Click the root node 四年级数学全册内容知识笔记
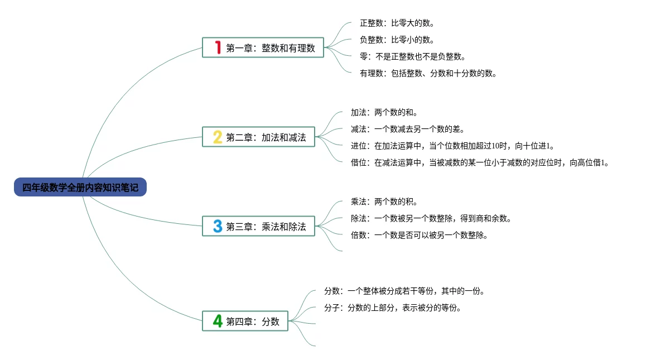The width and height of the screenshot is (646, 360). [80, 188]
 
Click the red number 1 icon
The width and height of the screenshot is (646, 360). [218, 47]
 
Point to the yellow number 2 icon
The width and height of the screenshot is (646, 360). [218, 137]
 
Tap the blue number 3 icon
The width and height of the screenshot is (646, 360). [218, 226]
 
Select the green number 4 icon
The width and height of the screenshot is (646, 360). [218, 321]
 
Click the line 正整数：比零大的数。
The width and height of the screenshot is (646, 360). [397, 23]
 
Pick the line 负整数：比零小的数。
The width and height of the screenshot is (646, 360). [397, 40]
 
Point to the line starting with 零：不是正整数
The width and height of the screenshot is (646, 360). [412, 57]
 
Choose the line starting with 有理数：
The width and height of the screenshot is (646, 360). [428, 73]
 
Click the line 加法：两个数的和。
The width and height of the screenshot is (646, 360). [384, 113]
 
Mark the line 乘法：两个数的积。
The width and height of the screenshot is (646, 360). [384, 202]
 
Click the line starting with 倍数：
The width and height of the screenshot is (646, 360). [420, 235]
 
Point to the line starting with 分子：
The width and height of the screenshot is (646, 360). [393, 308]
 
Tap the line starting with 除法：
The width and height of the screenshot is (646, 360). [431, 219]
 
